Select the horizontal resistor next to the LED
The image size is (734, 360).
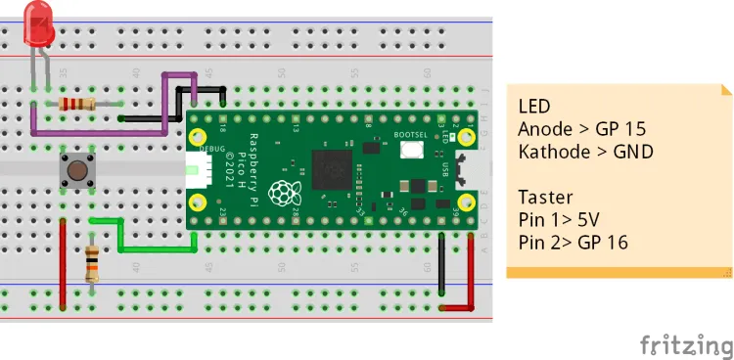(77, 105)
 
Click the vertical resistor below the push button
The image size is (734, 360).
(93, 263)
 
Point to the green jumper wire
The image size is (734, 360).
(120, 236)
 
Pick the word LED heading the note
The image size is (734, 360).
(535, 106)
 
